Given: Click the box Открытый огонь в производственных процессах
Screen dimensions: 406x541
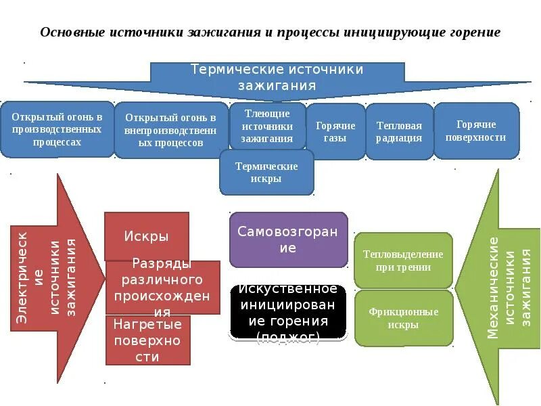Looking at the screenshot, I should pyautogui.click(x=57, y=129).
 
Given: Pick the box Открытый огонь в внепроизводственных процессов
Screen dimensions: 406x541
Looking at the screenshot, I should pyautogui.click(x=170, y=130).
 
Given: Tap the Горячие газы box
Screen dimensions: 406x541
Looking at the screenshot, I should pyautogui.click(x=335, y=131).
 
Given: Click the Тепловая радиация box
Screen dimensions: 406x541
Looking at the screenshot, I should pyautogui.click(x=399, y=131).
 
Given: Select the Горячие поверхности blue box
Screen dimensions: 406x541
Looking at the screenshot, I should pyautogui.click(x=476, y=131).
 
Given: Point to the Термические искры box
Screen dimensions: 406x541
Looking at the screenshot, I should pyautogui.click(x=266, y=173).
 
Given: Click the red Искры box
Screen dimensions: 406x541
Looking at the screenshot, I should pyautogui.click(x=146, y=236).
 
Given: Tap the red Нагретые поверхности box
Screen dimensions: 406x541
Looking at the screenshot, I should pyautogui.click(x=147, y=340).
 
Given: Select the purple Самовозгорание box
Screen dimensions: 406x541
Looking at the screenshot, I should pyautogui.click(x=288, y=240).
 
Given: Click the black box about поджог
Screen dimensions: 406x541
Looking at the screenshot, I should pyautogui.click(x=288, y=313).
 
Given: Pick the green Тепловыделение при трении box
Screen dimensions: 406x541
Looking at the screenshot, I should pyautogui.click(x=403, y=261).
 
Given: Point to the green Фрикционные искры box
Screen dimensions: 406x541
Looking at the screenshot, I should pyautogui.click(x=403, y=318).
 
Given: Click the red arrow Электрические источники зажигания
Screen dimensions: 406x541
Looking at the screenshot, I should pyautogui.click(x=51, y=277).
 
